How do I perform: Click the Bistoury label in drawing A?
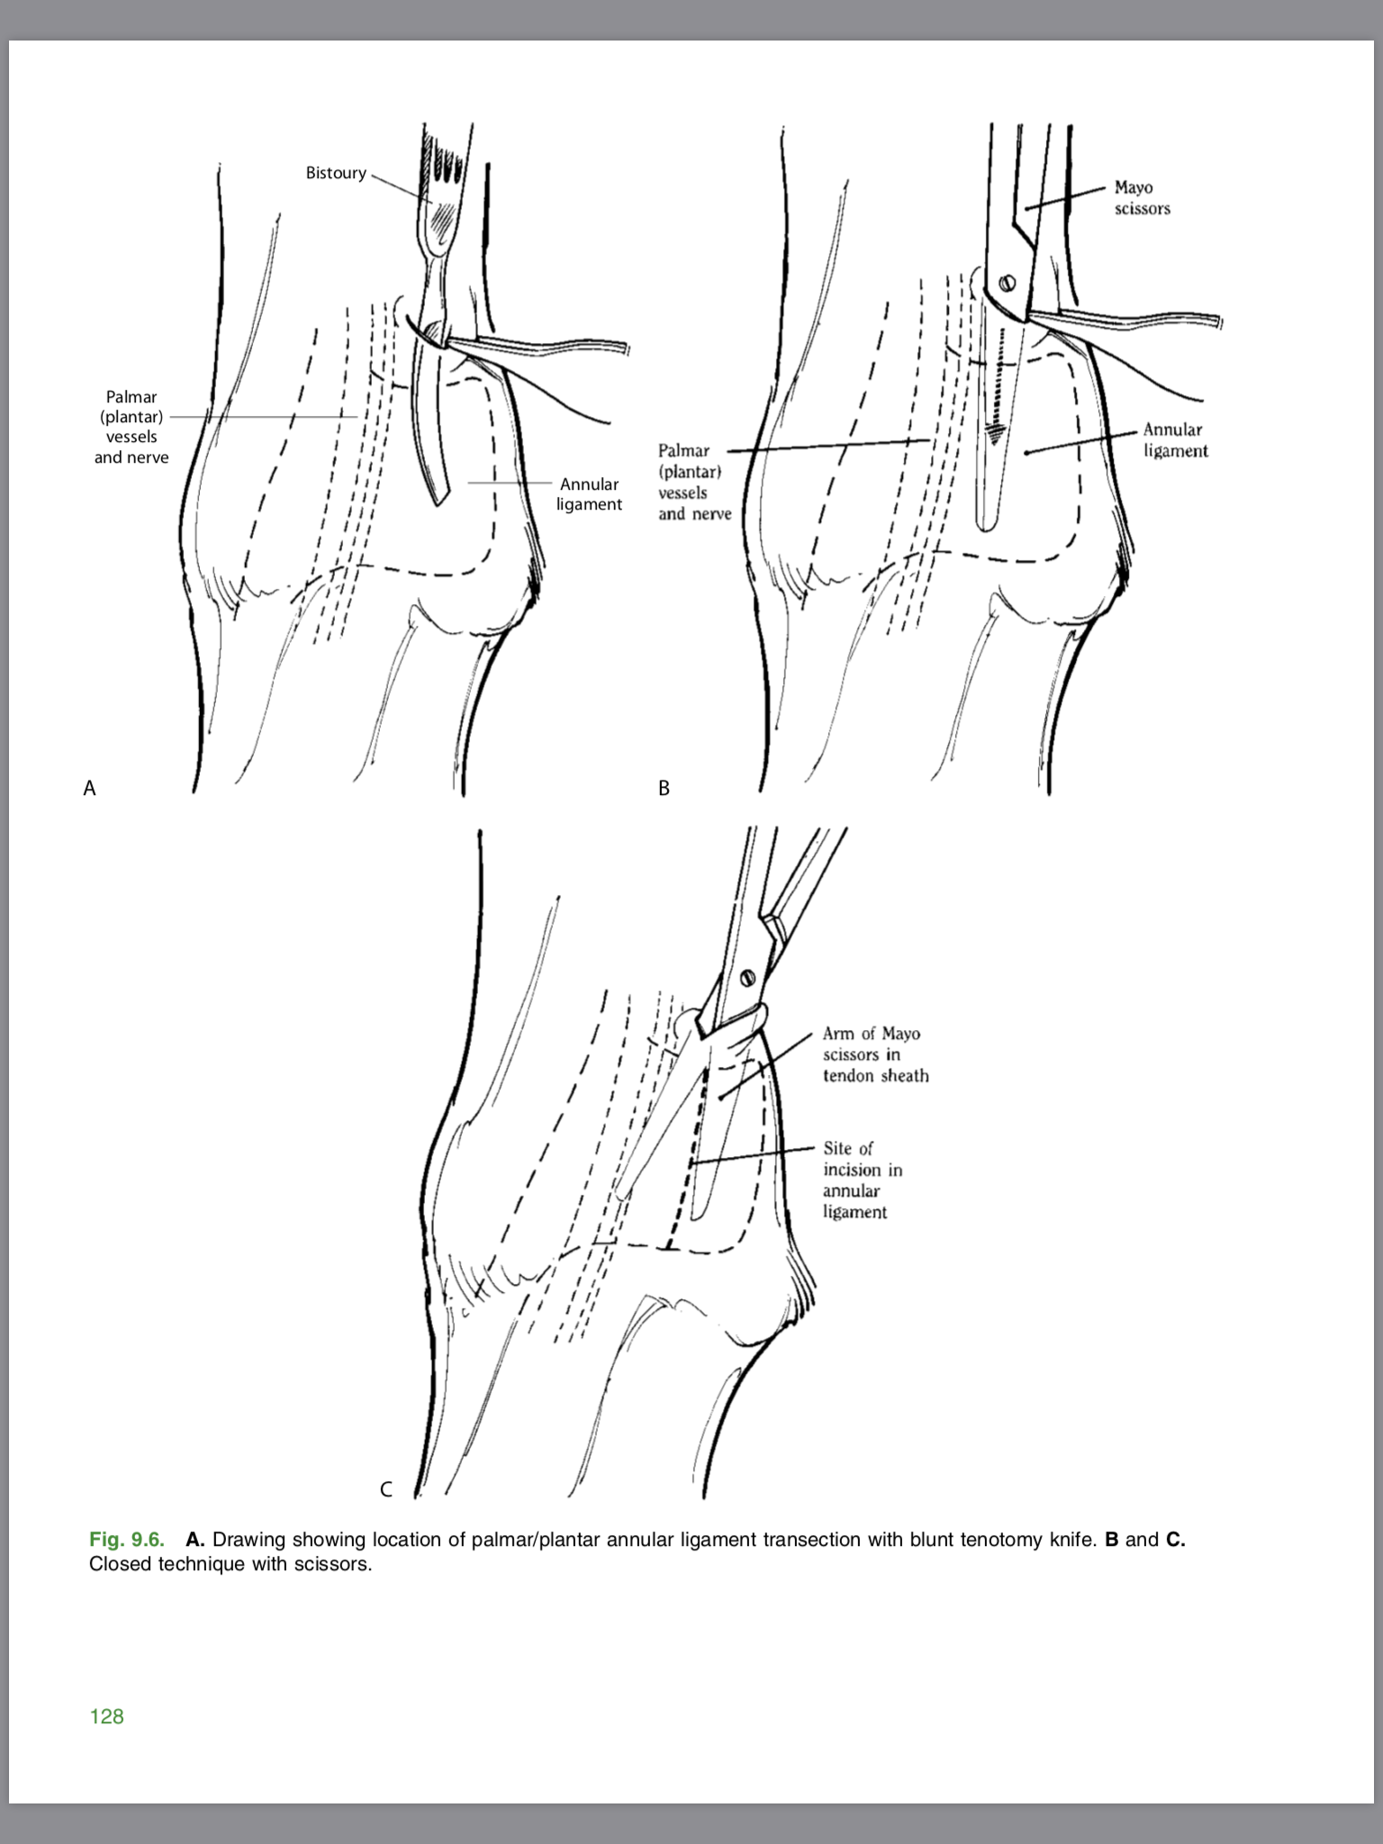click(336, 173)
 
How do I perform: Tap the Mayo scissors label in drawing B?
click(1142, 198)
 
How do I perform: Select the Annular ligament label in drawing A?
click(589, 494)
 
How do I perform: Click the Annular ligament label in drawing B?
click(1175, 440)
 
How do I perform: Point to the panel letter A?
click(89, 789)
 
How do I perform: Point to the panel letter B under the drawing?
click(664, 789)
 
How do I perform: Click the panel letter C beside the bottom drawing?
click(386, 1489)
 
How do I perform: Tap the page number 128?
click(106, 1716)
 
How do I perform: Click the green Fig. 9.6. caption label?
click(127, 1539)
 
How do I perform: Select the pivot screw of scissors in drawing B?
click(1008, 283)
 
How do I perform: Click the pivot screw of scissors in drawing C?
click(746, 978)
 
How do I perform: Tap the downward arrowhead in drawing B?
click(994, 434)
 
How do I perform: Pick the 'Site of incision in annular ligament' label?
click(862, 1180)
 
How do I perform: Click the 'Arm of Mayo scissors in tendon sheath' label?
click(874, 1054)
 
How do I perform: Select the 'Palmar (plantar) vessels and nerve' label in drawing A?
click(131, 427)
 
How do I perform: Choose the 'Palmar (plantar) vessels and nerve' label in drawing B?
click(694, 482)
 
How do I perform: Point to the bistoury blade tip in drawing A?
click(440, 500)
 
